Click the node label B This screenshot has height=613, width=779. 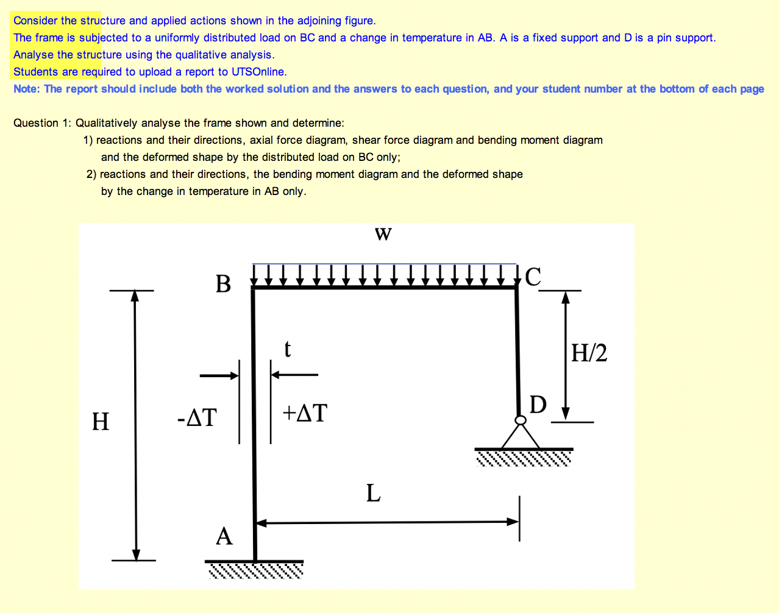click(x=224, y=284)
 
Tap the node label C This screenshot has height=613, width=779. click(x=533, y=277)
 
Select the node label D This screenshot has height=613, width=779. click(x=538, y=404)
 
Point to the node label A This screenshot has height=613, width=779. click(x=224, y=536)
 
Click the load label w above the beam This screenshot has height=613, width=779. click(x=383, y=234)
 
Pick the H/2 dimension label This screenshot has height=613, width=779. click(x=589, y=353)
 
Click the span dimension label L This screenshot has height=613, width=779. click(x=373, y=492)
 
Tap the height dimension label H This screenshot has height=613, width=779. click(x=101, y=421)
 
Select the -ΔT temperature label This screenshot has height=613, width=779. click(x=197, y=418)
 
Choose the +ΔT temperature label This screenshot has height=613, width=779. click(x=305, y=413)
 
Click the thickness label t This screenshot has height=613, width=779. click(x=288, y=349)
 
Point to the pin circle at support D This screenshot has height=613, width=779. click(x=521, y=420)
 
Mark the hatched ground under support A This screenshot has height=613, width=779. click(x=255, y=571)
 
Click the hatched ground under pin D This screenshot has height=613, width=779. click(x=524, y=458)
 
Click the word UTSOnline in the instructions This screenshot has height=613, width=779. click(x=258, y=72)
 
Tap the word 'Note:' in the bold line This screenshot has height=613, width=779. click(x=27, y=89)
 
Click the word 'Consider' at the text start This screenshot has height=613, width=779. click(x=35, y=21)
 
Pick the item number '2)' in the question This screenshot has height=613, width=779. click(x=91, y=174)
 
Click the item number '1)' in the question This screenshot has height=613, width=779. click(x=88, y=140)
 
